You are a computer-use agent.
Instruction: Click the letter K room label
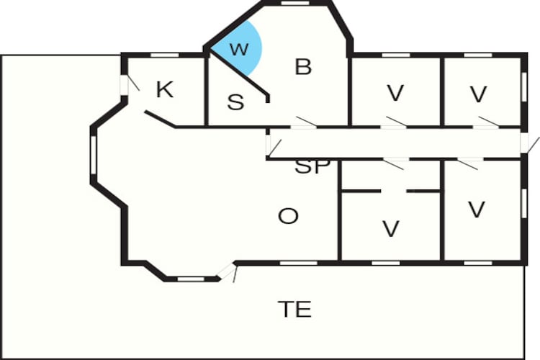[165, 89]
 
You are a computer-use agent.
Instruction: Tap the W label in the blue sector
[239, 49]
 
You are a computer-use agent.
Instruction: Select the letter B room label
[303, 67]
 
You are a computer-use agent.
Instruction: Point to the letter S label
[236, 102]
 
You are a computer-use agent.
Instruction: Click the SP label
[312, 167]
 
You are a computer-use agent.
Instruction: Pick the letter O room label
[288, 216]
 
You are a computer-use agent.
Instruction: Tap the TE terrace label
[294, 309]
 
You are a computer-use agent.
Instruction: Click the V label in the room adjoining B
[395, 93]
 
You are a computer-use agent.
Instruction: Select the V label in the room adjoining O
[391, 229]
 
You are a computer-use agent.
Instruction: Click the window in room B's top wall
[295, 3]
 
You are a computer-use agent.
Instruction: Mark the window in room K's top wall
[165, 55]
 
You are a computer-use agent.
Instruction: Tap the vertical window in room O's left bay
[93, 155]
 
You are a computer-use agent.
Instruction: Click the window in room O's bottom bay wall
[191, 279]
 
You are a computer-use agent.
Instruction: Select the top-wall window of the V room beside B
[396, 55]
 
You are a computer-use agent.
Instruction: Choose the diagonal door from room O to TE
[228, 272]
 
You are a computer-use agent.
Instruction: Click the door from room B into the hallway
[304, 122]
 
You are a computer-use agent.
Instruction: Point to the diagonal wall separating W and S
[238, 73]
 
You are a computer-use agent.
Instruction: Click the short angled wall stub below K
[160, 120]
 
